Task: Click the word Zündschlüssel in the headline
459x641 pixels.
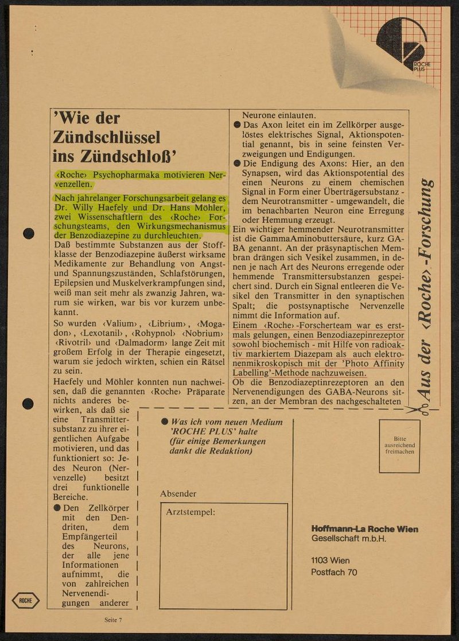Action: [x=107, y=138]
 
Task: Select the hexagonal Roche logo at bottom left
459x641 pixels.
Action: [x=26, y=600]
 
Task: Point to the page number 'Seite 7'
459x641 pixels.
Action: [x=113, y=620]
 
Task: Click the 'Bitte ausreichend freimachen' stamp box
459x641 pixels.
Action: [x=399, y=446]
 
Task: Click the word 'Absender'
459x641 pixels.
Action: [x=178, y=493]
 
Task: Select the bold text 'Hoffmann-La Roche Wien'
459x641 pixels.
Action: [x=364, y=529]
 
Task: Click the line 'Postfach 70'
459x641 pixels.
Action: [x=334, y=572]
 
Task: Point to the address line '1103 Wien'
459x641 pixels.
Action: [x=330, y=560]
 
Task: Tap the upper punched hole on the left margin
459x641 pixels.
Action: [x=28, y=233]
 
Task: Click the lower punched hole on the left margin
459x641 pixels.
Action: [x=28, y=404]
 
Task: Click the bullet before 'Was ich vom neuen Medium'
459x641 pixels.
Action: [x=165, y=422]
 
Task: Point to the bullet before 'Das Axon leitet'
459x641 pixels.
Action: [x=236, y=125]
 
